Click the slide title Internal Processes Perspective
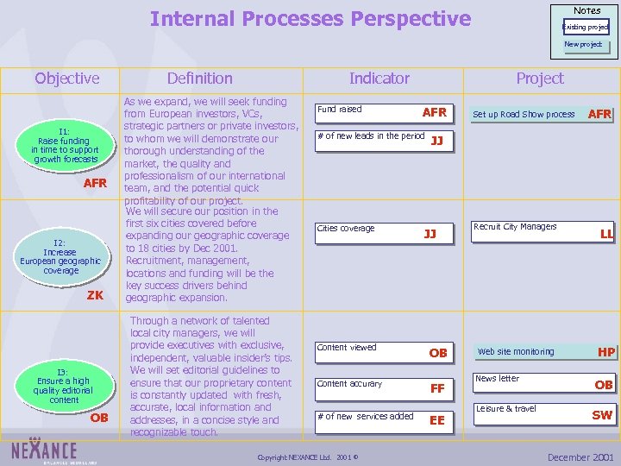[x=310, y=19]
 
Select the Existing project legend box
[x=586, y=27]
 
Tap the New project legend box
[x=584, y=45]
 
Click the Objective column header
[x=66, y=79]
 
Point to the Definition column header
[x=199, y=79]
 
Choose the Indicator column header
[x=379, y=79]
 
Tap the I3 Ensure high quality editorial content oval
[x=64, y=387]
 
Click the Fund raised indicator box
[x=383, y=111]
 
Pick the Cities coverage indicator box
[x=383, y=230]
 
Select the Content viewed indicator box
[x=383, y=349]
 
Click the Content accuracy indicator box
[x=383, y=386]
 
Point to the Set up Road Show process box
[x=542, y=114]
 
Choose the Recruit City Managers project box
[x=542, y=230]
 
